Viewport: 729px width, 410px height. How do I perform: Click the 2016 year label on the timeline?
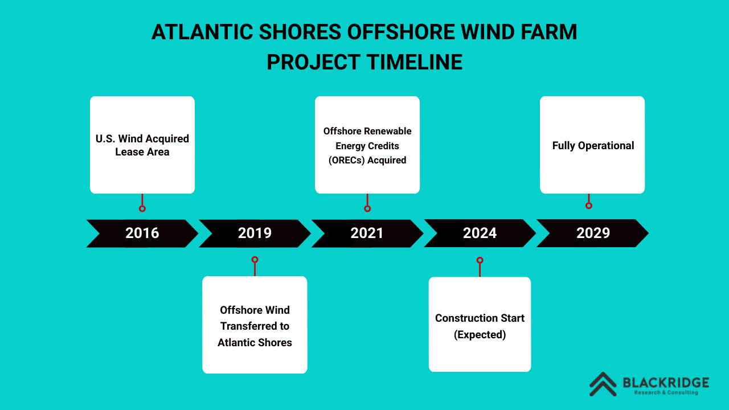tap(142, 233)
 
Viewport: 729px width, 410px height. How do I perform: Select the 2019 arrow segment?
tap(255, 233)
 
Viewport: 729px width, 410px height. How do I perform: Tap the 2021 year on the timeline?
tap(367, 233)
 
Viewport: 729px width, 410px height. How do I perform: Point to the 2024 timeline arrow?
tap(480, 233)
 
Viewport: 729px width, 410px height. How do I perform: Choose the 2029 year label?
tap(593, 233)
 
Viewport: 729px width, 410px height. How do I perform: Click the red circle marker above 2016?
tap(142, 208)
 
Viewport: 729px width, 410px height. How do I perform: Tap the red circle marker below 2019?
tap(255, 260)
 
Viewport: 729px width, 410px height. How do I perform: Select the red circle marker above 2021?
tap(367, 208)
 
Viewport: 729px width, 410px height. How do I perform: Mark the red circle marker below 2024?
tap(480, 260)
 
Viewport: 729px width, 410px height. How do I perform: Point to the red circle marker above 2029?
tap(589, 206)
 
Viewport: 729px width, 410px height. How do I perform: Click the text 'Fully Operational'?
tap(593, 145)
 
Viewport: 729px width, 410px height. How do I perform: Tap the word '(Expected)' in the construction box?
tap(480, 334)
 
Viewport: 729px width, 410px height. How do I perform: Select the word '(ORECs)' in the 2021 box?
tap(347, 160)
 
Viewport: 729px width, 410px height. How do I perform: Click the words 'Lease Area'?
tap(142, 152)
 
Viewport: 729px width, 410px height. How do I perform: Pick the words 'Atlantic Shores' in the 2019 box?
tap(255, 343)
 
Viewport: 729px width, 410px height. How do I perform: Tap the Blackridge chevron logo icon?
tap(603, 384)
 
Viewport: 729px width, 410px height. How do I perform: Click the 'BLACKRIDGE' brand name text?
tap(666, 383)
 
